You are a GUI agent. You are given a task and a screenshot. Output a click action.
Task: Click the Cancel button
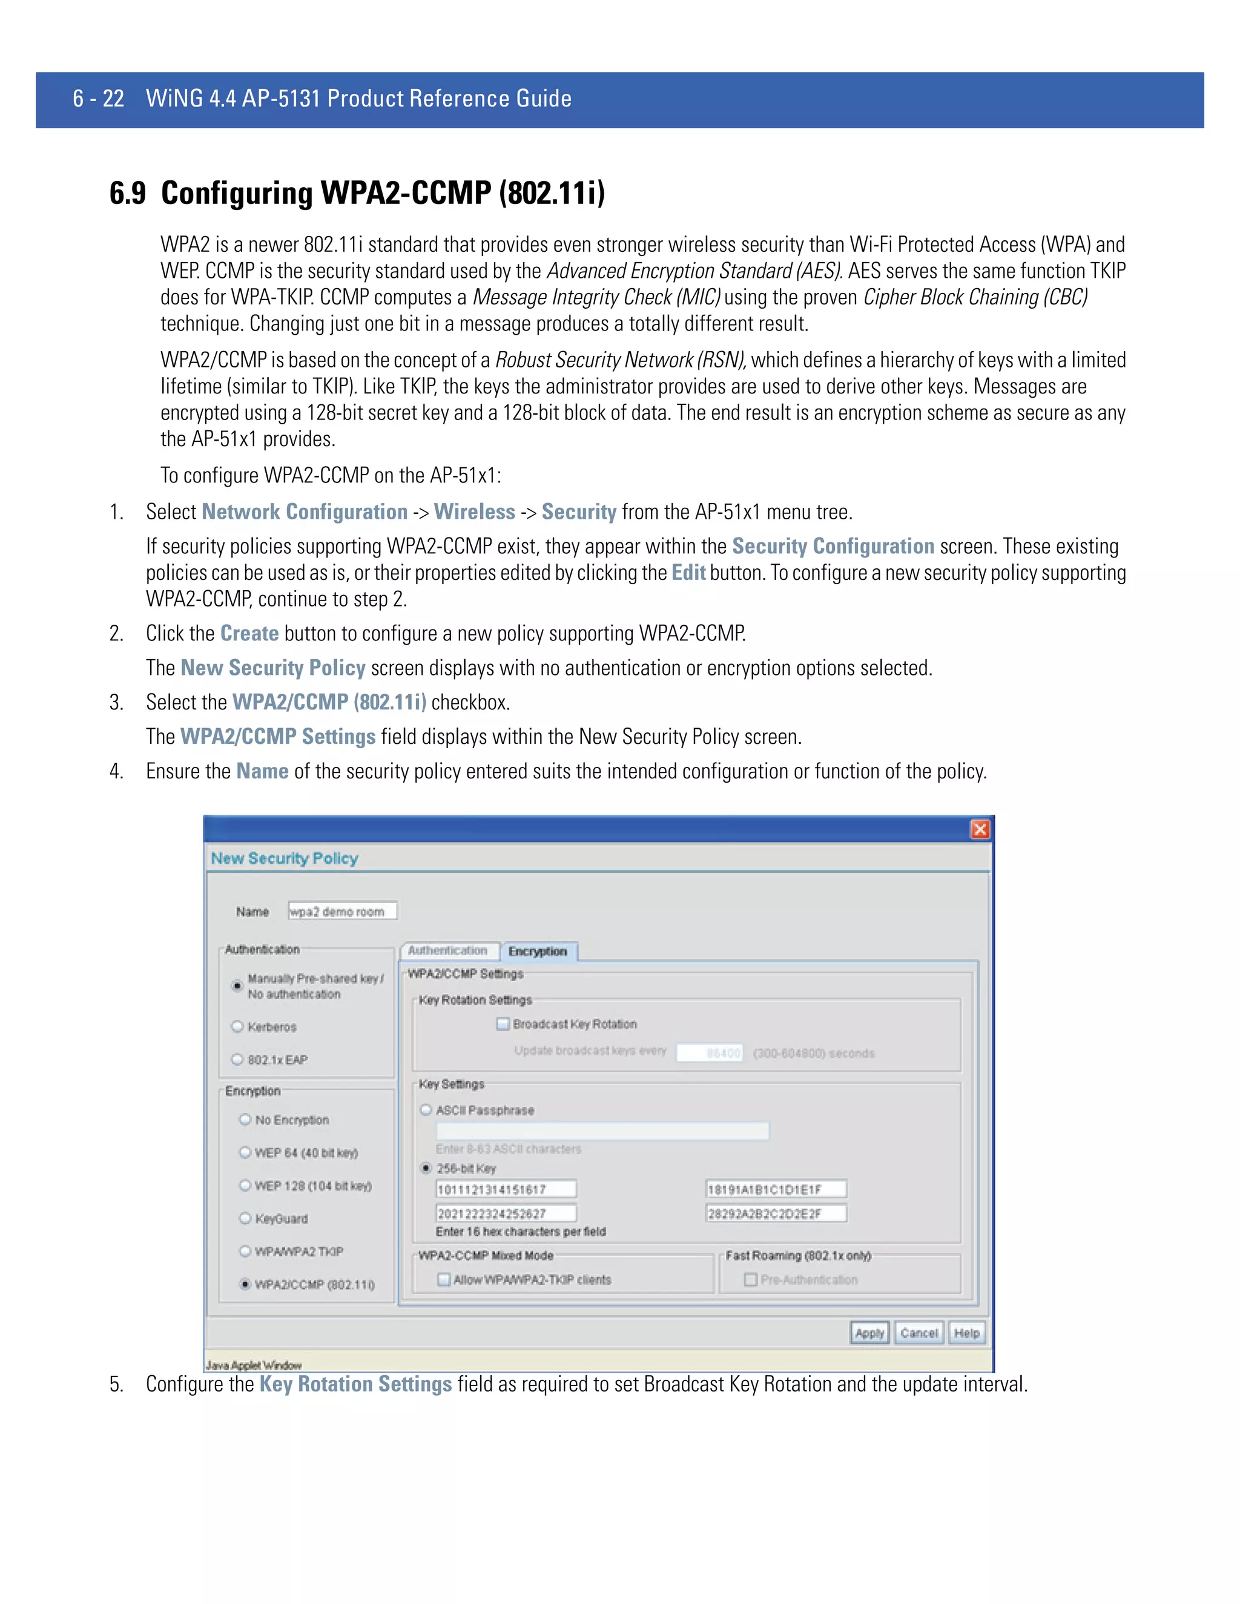[x=918, y=1332]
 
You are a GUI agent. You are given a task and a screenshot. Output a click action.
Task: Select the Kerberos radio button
[x=237, y=1026]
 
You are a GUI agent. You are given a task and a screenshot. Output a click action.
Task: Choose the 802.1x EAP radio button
[x=237, y=1059]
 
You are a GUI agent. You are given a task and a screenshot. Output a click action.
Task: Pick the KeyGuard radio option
[x=245, y=1218]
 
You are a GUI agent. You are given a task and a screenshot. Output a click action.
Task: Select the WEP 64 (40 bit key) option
[x=245, y=1152]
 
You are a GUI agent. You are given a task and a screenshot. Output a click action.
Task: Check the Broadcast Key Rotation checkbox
[x=503, y=1023]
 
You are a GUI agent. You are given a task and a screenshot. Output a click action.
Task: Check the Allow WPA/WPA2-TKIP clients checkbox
[x=444, y=1280]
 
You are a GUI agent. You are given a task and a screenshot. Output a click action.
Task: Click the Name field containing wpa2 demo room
[x=342, y=911]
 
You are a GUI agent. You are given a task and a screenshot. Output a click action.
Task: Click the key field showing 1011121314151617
[x=506, y=1189]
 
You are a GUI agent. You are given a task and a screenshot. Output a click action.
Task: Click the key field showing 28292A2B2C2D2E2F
[x=775, y=1213]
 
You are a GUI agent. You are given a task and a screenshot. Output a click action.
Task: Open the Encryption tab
[x=538, y=951]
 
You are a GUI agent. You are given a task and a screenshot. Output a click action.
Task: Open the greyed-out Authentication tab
[x=447, y=950]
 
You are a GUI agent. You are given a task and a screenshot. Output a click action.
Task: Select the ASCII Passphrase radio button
[x=426, y=1109]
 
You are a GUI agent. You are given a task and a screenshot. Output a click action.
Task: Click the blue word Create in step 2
[x=249, y=633]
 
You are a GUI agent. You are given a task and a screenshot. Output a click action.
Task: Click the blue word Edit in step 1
[x=688, y=572]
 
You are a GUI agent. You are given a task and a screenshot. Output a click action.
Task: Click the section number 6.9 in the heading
[x=127, y=193]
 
